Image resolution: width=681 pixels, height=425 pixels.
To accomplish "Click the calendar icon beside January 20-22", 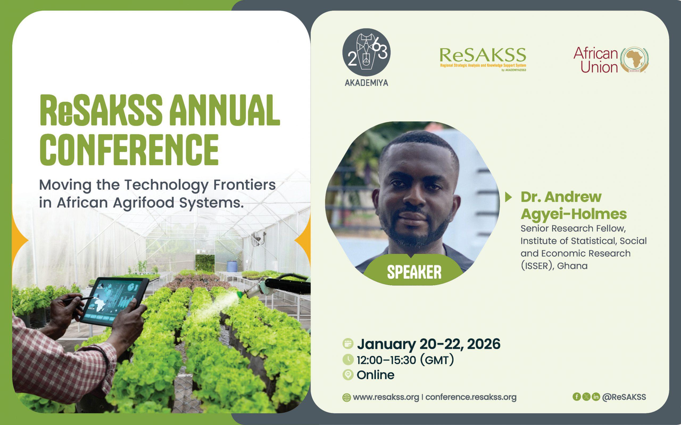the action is point(348,344).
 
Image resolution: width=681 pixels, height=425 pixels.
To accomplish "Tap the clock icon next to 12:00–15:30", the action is point(348,360).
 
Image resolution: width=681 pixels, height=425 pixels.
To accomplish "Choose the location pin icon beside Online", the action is point(348,375).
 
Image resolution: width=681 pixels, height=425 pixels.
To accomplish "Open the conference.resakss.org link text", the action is point(471,397).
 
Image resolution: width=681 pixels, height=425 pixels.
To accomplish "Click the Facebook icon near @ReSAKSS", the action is point(577,397).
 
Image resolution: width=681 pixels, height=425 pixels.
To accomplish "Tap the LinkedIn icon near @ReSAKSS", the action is point(596,397).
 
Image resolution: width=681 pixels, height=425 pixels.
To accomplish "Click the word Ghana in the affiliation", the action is point(572,266).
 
